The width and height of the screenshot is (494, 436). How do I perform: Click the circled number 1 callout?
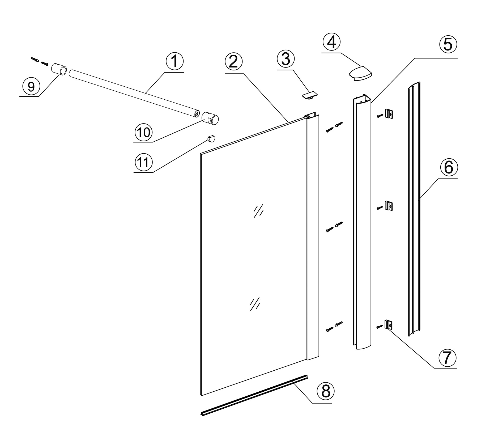[x=174, y=62]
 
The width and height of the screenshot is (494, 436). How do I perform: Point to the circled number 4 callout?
[x=331, y=43]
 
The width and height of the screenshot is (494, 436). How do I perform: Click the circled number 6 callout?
[x=449, y=168]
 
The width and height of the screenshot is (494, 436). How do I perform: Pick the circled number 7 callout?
[x=447, y=358]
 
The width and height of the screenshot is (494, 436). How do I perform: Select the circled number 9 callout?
[x=31, y=86]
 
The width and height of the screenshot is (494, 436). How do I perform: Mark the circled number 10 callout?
[x=144, y=132]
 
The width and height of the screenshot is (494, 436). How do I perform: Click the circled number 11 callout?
[x=144, y=162]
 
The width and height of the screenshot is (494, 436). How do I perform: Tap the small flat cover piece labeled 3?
[x=309, y=95]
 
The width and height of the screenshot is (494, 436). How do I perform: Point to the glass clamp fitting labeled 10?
[x=210, y=119]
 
